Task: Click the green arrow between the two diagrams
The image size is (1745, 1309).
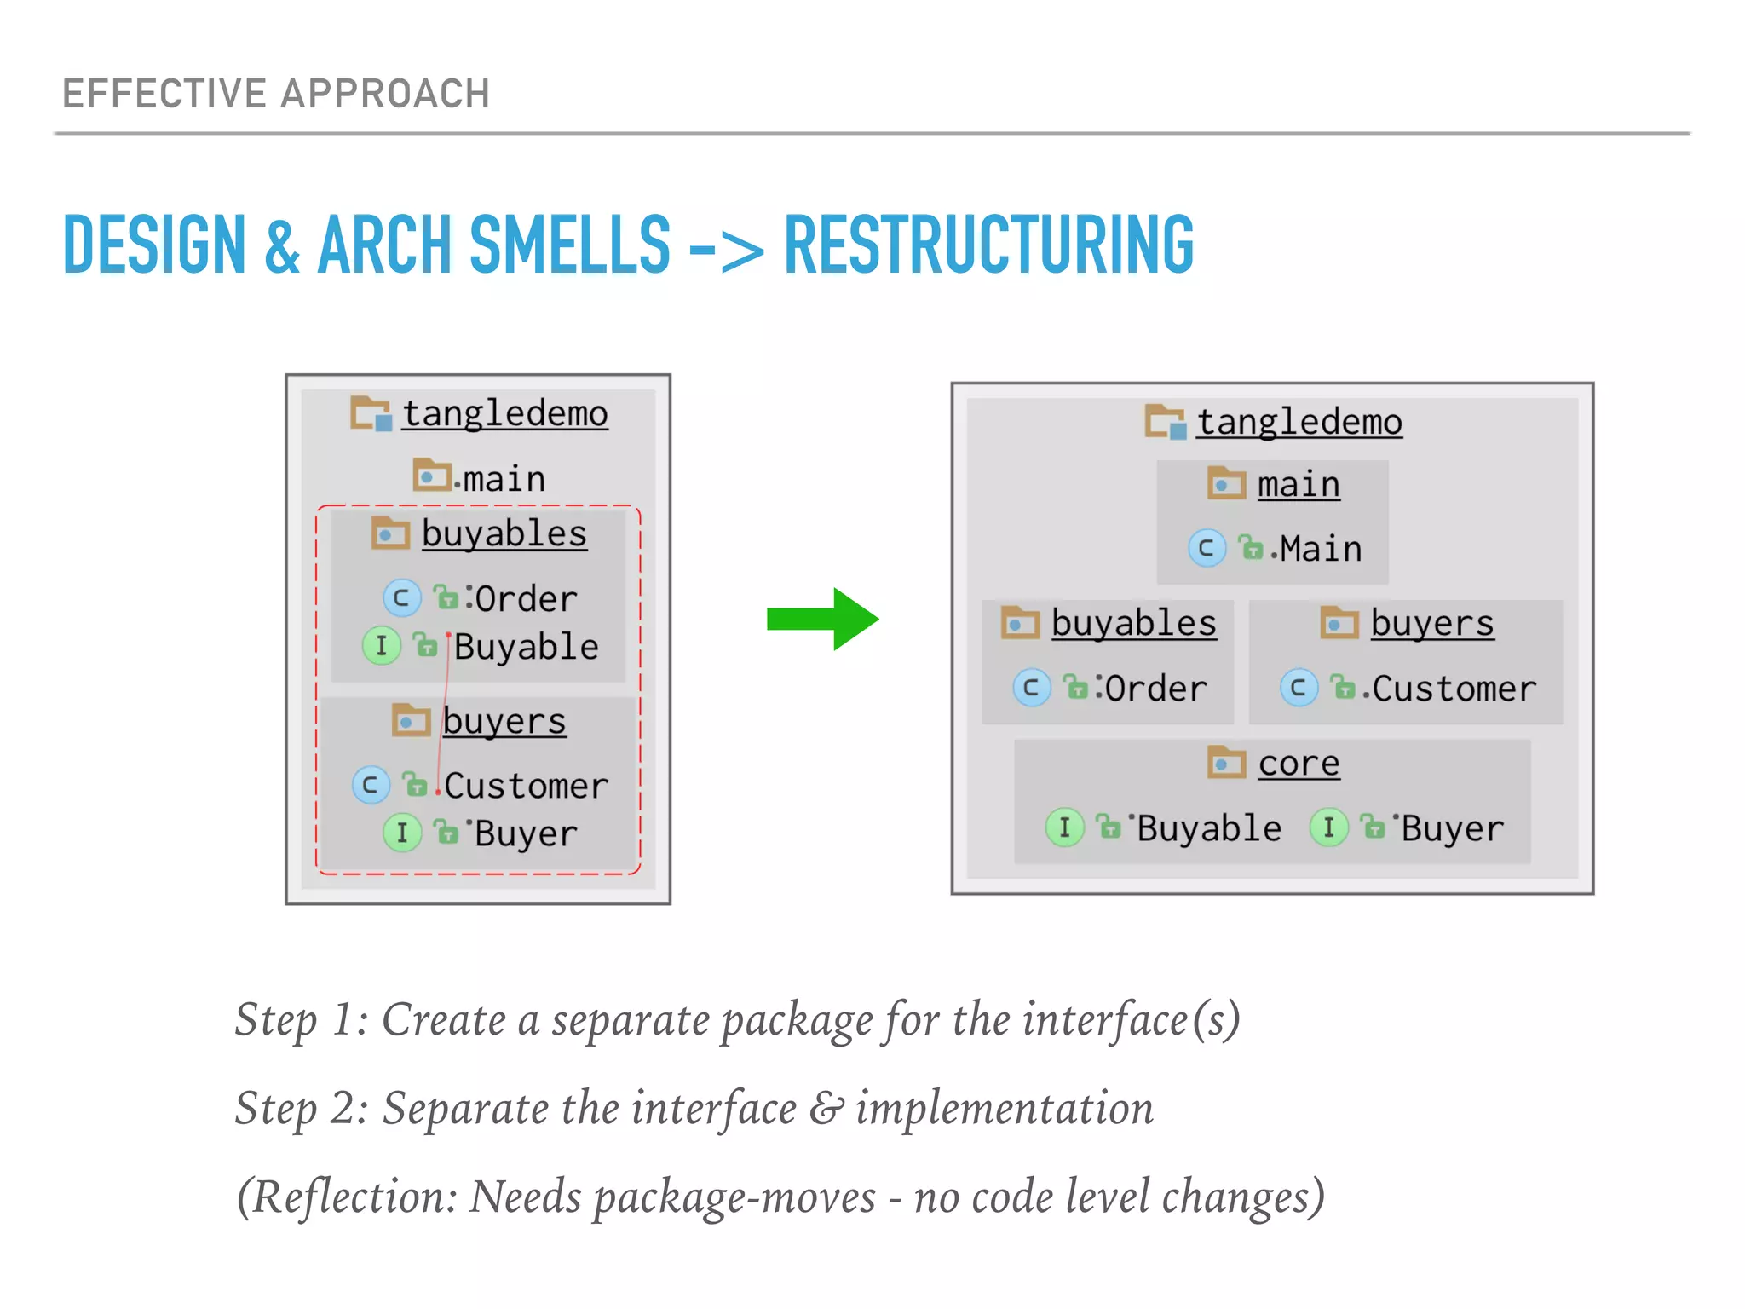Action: point(821,620)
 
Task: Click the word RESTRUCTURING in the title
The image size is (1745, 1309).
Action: point(988,245)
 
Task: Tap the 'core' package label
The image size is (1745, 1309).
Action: point(1299,763)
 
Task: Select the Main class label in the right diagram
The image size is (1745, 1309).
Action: point(1321,549)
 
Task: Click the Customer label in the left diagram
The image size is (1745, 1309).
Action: point(526,786)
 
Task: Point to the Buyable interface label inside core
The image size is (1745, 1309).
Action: point(1209,828)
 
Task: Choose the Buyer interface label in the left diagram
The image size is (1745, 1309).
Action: point(526,833)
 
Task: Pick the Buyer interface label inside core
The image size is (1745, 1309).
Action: point(1453,828)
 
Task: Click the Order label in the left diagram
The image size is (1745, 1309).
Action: point(526,599)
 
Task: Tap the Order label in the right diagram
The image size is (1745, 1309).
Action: point(1155,689)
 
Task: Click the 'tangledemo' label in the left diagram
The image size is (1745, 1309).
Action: point(505,414)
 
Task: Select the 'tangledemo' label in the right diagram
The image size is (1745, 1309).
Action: point(1299,422)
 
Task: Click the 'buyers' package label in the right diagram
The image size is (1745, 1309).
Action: point(1432,624)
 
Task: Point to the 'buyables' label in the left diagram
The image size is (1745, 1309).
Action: point(504,534)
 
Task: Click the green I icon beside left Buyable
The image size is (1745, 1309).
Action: point(382,646)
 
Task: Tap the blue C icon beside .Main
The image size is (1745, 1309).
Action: point(1207,548)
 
